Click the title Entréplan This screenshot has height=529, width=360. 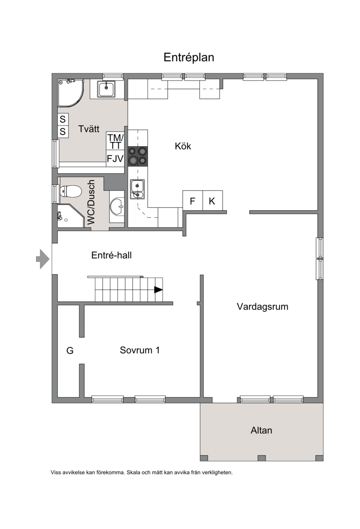tap(189, 58)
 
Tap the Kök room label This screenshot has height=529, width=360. tap(183, 146)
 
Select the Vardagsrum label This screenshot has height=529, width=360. tap(262, 307)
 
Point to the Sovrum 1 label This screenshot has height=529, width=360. tap(139, 350)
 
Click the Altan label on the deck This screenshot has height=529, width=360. tap(261, 430)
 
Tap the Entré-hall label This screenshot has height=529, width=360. tap(111, 255)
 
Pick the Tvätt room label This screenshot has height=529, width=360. tap(89, 129)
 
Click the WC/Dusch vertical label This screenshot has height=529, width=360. tap(91, 202)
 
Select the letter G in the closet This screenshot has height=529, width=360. tap(70, 350)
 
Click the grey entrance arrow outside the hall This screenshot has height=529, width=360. tap(43, 259)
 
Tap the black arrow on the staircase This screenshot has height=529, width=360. tap(158, 290)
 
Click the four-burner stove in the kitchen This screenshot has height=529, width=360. tap(138, 156)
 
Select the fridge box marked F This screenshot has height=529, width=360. tap(193, 201)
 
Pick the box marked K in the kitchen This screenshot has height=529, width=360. tap(212, 201)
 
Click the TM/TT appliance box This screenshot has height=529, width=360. tap(115, 141)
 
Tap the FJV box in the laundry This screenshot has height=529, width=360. tap(115, 158)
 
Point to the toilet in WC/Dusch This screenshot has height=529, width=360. tap(70, 192)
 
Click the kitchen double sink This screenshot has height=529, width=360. tap(137, 189)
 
